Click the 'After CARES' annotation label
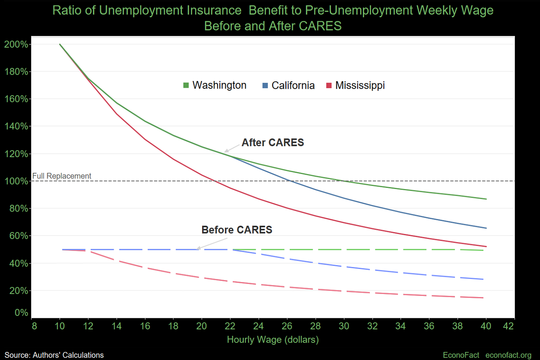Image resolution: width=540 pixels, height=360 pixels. (x=273, y=143)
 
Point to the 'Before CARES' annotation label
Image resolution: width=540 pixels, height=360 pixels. (x=237, y=230)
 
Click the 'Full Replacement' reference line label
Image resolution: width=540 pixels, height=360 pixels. (x=62, y=176)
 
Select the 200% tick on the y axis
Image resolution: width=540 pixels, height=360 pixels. (x=16, y=44)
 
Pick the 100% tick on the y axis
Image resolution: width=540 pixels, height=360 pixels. (x=16, y=181)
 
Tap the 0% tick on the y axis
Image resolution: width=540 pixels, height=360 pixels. (x=21, y=313)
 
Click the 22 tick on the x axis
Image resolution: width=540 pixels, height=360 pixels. (x=230, y=326)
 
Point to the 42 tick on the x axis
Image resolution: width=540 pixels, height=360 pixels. (x=508, y=326)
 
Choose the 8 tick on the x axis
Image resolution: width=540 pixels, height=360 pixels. (x=34, y=326)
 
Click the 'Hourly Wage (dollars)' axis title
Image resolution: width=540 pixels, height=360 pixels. (x=273, y=340)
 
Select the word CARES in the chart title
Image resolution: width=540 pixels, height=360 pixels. (x=320, y=26)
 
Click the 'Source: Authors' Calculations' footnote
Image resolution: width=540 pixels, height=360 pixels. (x=54, y=355)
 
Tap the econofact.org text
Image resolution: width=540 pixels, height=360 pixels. (x=508, y=355)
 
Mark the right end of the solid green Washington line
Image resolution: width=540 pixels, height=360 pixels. (x=486, y=199)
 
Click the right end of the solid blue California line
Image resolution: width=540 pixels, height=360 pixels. (x=486, y=228)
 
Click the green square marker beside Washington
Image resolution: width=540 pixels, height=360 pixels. (x=186, y=85)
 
